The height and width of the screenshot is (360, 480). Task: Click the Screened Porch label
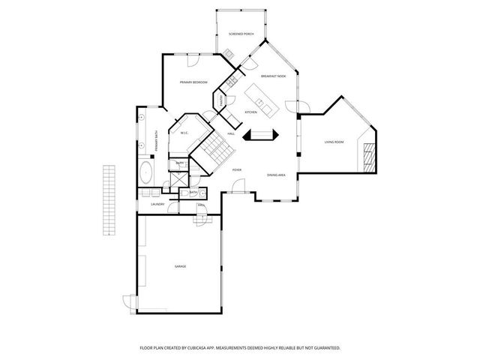241,34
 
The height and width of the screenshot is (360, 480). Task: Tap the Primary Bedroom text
193,82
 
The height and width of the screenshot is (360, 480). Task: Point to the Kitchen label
251,112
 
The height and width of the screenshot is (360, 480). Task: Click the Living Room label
334,142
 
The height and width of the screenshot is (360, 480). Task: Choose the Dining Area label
276,175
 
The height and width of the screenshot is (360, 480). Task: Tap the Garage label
180,266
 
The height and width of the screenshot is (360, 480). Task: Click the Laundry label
157,204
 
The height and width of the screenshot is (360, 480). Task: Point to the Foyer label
236,170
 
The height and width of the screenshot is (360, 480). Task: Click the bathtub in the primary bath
145,175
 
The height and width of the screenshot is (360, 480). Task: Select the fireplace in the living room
367,156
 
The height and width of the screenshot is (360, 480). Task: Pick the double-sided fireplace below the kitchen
264,135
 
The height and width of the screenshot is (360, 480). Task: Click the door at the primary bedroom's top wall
193,58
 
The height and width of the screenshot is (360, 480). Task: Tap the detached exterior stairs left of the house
110,199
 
